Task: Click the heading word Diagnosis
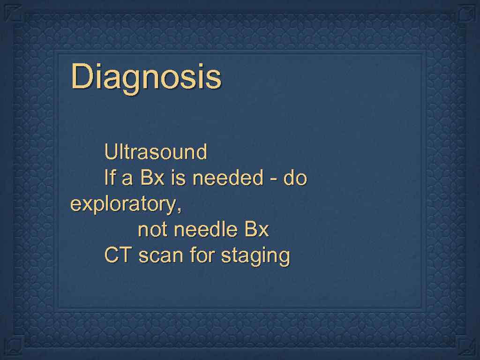[146, 77]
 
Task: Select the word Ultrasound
[156, 152]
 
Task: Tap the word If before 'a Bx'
[109, 178]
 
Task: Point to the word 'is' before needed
[179, 178]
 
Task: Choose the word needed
[228, 178]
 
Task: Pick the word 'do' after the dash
[295, 178]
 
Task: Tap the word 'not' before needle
[153, 230]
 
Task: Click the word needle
[206, 230]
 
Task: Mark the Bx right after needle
[256, 230]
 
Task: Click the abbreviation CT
[118, 256]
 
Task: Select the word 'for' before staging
[202, 256]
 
